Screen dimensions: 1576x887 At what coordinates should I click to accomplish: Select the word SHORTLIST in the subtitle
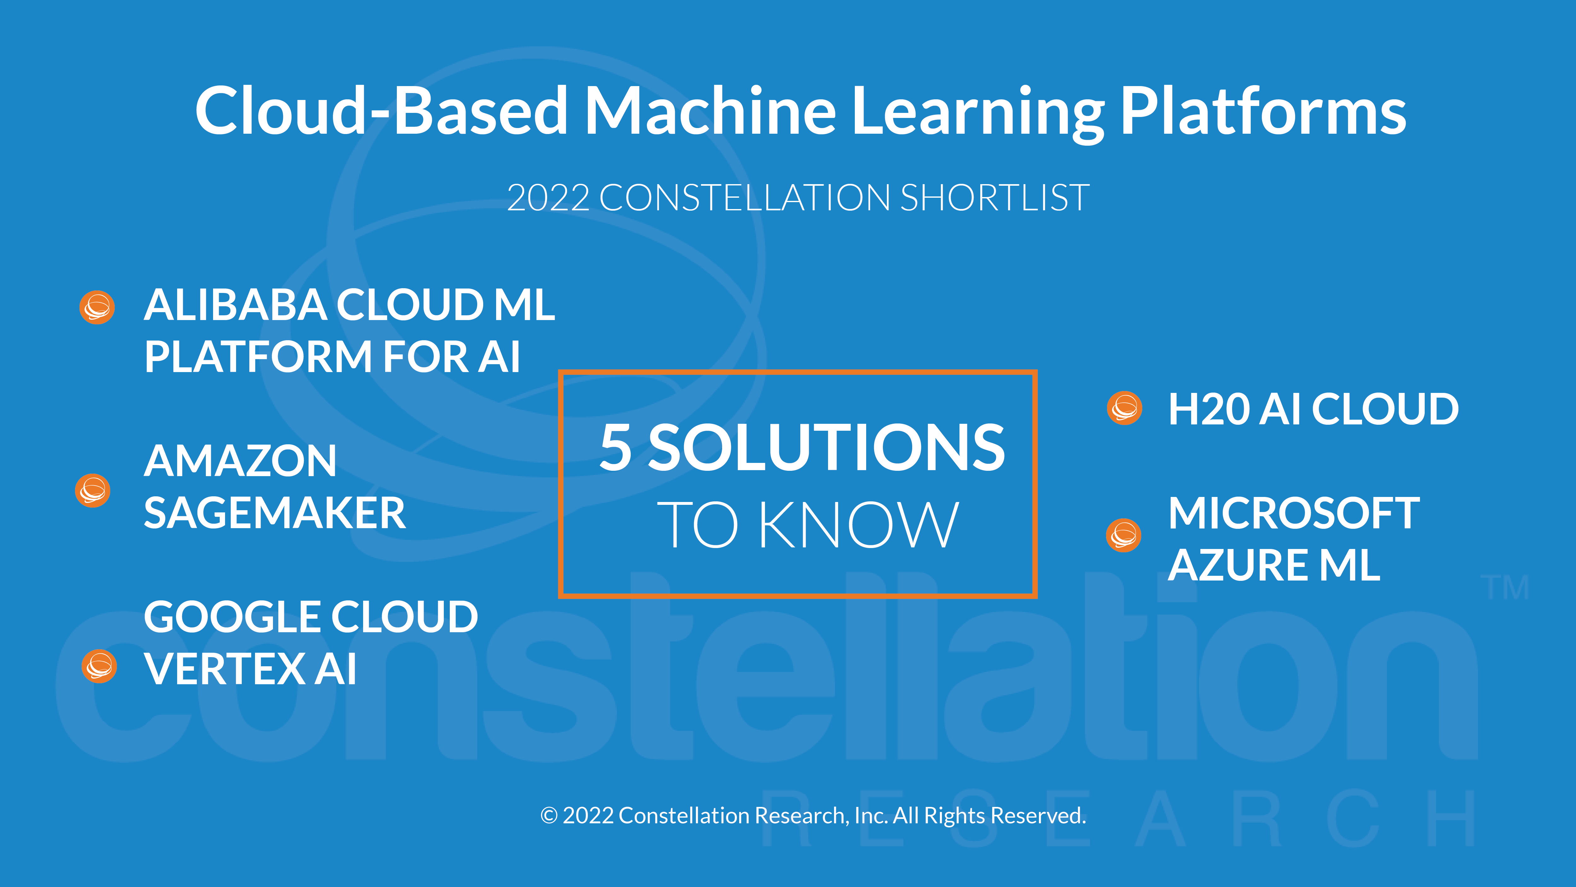point(995,198)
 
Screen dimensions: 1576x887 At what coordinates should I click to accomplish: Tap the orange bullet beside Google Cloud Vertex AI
point(99,666)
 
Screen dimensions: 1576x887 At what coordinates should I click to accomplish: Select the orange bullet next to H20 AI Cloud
point(1125,408)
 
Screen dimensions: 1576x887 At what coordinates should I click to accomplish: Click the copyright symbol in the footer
point(549,815)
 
